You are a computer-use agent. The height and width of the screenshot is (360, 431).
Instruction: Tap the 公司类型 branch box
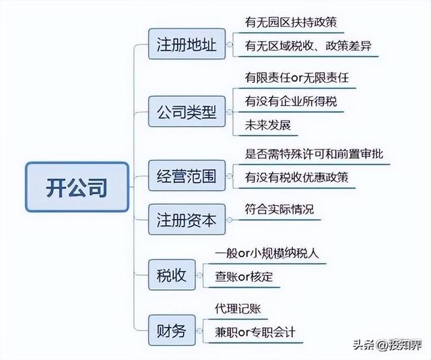pyautogui.click(x=186, y=112)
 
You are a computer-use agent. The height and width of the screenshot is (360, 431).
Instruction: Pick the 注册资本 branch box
pyautogui.click(x=186, y=220)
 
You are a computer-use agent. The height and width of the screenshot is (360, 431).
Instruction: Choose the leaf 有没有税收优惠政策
pyautogui.click(x=297, y=177)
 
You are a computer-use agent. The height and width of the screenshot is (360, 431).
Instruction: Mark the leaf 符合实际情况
pyautogui.click(x=279, y=209)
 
